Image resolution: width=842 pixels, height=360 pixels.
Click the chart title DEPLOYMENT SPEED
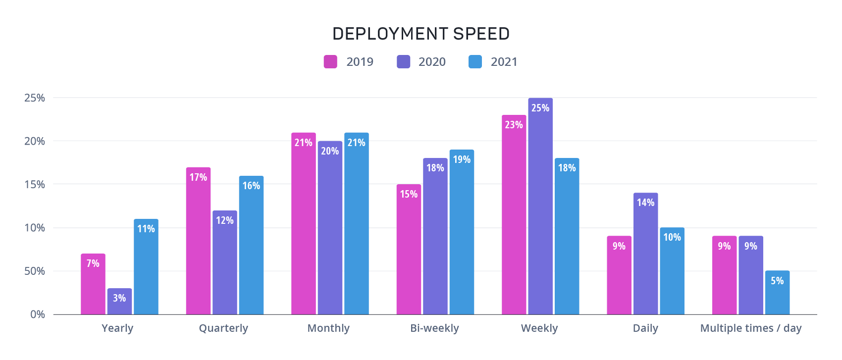point(421,34)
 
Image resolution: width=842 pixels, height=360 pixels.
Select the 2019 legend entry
point(349,62)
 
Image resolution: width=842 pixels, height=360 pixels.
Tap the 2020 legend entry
point(421,62)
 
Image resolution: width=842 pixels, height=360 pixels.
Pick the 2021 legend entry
point(493,62)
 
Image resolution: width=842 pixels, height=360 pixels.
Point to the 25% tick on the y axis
point(35,98)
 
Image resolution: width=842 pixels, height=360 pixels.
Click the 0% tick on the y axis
point(38,314)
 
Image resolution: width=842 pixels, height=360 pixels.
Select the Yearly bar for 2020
point(119,302)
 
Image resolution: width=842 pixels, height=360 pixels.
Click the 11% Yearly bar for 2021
point(146,267)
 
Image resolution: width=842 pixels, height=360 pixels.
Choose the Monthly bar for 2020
point(330,228)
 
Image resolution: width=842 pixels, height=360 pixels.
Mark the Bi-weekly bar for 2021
point(462,232)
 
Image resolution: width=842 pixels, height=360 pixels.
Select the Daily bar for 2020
point(646,254)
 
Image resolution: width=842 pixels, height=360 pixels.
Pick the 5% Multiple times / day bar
point(777,293)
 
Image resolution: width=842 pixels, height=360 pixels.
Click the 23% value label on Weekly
point(514,125)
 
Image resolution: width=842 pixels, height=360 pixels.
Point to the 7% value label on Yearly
point(93,263)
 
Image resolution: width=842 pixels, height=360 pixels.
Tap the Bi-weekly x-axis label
point(435,328)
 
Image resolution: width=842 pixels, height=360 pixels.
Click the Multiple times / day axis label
point(751,328)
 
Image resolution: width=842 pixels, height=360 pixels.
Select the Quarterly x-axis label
point(223,328)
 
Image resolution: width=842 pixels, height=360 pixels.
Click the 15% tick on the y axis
point(35,185)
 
